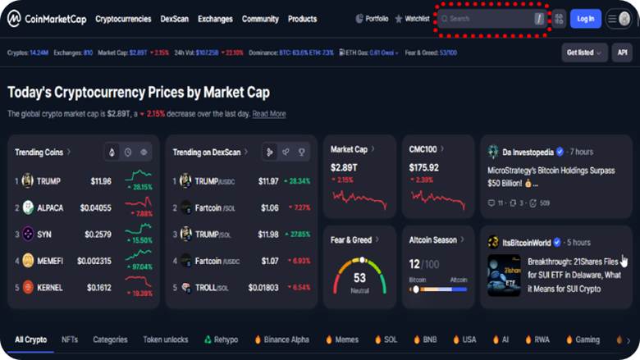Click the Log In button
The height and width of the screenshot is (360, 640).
click(x=585, y=19)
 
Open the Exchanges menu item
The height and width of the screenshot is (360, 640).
click(x=215, y=19)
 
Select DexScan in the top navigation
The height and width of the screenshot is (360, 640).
click(x=174, y=19)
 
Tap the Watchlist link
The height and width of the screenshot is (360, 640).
click(x=412, y=19)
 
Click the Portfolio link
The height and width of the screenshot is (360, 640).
click(x=373, y=19)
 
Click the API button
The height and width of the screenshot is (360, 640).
click(x=621, y=52)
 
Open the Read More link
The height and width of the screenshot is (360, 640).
click(x=269, y=114)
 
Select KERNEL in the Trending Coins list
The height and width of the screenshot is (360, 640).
click(x=50, y=287)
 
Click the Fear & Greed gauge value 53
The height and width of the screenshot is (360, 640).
click(x=359, y=278)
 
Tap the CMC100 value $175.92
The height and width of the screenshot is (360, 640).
click(x=424, y=168)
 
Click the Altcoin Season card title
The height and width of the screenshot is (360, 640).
click(x=433, y=240)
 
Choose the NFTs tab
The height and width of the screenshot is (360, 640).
click(x=70, y=339)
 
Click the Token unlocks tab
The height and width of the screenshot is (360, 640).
click(x=166, y=339)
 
